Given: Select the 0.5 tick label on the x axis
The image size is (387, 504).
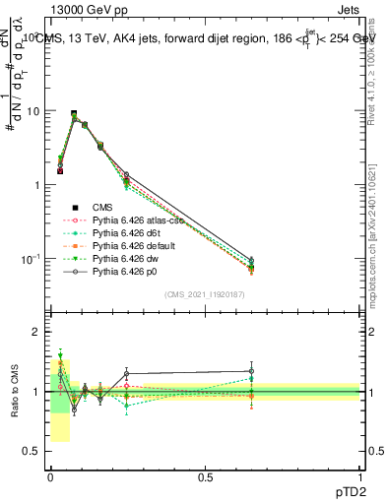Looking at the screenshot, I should coord(206,476).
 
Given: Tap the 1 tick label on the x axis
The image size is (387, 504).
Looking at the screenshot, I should coord(360,476).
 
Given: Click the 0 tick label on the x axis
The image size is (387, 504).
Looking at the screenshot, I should coord(50,476).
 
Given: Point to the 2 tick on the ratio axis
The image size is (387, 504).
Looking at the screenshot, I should coord(36,332).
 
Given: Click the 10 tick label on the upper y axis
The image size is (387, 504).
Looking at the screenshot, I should coord(32,111).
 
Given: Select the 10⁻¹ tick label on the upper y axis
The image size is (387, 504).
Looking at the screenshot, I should coord(31,259).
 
